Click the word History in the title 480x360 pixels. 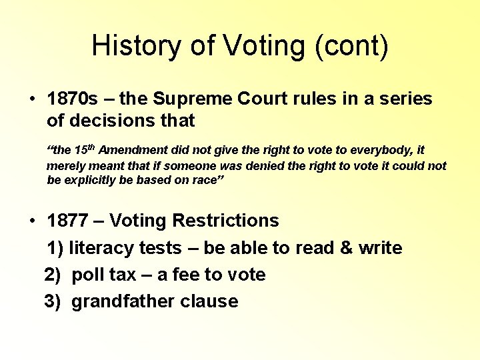133,46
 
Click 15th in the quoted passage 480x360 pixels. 85,151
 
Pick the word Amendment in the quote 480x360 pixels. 131,151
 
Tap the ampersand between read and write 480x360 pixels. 346,248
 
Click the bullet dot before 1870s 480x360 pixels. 32,100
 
